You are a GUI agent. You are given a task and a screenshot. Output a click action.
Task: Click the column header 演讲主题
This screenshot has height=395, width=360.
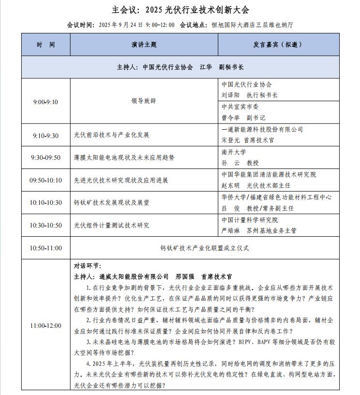point(144,45)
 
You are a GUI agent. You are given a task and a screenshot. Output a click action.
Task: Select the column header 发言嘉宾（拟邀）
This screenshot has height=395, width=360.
point(277,45)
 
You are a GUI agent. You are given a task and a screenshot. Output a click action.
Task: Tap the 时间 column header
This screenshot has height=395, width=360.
point(46,45)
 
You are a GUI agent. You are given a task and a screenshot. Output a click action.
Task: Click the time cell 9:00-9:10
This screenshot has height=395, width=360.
point(46,102)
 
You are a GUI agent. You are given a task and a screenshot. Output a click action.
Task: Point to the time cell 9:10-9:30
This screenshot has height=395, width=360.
point(46,136)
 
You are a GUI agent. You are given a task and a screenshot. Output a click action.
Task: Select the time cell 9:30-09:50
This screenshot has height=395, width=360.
point(46,158)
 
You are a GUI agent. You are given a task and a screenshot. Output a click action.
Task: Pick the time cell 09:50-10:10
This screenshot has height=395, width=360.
point(46,181)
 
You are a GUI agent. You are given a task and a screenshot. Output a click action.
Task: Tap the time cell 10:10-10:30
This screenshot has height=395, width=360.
point(46,203)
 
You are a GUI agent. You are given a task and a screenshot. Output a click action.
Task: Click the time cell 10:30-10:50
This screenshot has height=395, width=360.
point(46,226)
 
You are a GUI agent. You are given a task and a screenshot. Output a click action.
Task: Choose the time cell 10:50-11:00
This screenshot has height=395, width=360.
point(46,248)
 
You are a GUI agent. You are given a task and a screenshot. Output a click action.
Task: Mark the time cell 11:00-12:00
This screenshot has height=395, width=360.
point(46,326)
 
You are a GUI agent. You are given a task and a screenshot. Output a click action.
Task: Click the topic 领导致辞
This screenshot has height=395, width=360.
point(144,102)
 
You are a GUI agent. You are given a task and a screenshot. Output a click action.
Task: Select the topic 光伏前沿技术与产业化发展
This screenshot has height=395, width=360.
point(112,136)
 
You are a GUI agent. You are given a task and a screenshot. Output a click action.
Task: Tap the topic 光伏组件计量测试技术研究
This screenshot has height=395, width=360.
point(112,226)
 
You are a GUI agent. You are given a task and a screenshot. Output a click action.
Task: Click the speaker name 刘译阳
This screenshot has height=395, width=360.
point(231,95)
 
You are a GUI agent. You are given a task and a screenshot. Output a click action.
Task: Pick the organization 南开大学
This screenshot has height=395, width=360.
point(234,152)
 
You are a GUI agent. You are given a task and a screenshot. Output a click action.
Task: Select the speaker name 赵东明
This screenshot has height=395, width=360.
point(231,185)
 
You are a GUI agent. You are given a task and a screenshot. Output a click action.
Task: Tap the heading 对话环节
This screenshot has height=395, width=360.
point(88,266)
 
